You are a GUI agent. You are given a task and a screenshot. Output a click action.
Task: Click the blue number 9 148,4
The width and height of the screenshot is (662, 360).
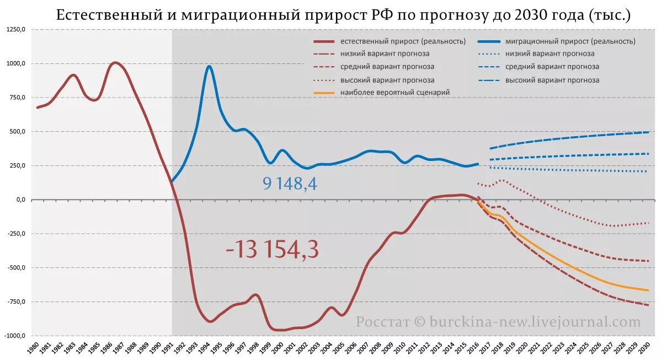(290, 184)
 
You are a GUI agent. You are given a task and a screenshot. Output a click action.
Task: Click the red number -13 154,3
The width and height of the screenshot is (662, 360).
(272, 250)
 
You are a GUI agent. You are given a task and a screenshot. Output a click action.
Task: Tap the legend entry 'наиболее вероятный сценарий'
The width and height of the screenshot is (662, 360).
(395, 93)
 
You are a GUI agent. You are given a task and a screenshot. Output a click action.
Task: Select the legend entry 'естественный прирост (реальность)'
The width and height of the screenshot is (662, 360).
(403, 41)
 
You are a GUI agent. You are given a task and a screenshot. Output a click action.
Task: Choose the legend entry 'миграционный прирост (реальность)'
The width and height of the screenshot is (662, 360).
(570, 41)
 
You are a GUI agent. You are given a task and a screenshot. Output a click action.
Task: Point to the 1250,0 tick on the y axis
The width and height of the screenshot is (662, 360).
(17, 29)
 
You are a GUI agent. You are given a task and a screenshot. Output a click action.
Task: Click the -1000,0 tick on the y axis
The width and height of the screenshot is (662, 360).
(15, 336)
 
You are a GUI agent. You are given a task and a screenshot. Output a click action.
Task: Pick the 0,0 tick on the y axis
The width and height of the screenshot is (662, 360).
(21, 200)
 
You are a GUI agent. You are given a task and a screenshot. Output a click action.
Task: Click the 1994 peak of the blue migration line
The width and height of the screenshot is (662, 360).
(209, 67)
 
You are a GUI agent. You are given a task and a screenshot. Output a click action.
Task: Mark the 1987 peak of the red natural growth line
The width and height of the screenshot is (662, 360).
(114, 63)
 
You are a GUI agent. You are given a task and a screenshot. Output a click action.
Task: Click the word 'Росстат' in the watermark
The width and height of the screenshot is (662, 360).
(382, 322)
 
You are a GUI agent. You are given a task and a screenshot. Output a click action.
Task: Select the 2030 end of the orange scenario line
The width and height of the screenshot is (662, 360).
(648, 290)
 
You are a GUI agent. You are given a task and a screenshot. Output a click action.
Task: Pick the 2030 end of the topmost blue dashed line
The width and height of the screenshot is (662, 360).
(648, 132)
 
